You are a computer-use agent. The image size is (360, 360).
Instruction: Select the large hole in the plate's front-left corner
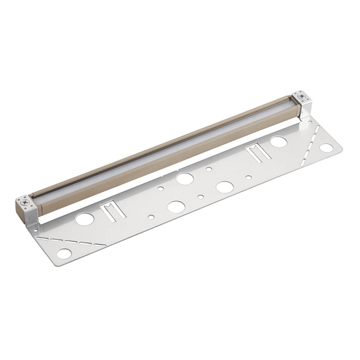pyautogui.click(x=64, y=253)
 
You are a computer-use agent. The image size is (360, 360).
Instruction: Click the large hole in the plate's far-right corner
pyautogui.click(x=326, y=148)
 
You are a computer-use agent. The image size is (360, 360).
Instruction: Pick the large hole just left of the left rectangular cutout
pyautogui.click(x=85, y=219)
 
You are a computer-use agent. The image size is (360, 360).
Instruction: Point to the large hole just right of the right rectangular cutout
pyautogui.click(x=278, y=141)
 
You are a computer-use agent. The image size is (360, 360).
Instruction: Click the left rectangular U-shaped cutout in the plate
pyautogui.click(x=113, y=210)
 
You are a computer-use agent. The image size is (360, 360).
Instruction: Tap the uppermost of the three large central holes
pyautogui.click(x=185, y=179)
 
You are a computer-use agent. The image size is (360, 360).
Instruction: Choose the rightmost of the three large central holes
pyautogui.click(x=225, y=187)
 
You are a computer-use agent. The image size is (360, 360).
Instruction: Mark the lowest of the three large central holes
pyautogui.click(x=176, y=207)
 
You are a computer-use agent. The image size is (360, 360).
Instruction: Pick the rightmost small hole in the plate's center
pyautogui.click(x=248, y=177)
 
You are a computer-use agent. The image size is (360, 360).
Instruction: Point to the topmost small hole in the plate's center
pyautogui.click(x=209, y=169)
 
